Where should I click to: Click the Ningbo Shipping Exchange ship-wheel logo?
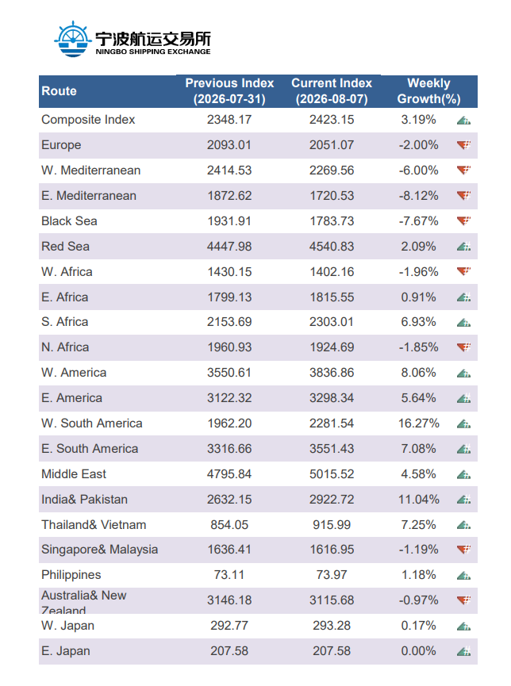pos(73,40)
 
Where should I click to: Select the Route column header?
pos(59,91)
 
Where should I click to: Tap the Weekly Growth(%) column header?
pos(428,91)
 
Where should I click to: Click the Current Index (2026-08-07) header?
pos(332,91)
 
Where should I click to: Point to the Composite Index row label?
pos(88,120)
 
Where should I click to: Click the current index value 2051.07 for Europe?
pos(332,145)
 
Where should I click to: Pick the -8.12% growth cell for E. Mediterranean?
pos(419,196)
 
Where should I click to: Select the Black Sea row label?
pos(69,221)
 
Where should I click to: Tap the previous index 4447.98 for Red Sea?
pos(229,247)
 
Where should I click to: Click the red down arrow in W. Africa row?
pos(463,271)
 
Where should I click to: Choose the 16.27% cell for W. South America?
pos(419,423)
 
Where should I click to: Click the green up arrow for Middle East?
pos(463,474)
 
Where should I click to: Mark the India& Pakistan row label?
pos(85,499)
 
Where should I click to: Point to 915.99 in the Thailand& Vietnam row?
pos(332,524)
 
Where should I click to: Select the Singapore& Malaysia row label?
pos(100,550)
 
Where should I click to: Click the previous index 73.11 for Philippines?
pos(229,574)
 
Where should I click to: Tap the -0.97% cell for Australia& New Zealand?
pos(419,600)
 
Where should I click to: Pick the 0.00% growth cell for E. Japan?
pos(419,650)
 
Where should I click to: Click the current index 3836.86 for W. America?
pos(332,372)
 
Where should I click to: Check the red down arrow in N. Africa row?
pos(463,347)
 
